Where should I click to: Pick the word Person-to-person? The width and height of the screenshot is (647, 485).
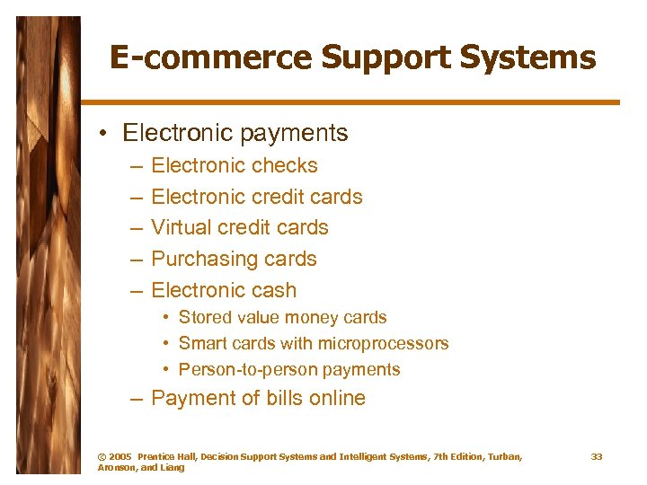tap(236, 369)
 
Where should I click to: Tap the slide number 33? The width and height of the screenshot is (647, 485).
tap(597, 457)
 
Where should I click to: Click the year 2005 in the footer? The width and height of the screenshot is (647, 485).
tap(120, 457)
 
